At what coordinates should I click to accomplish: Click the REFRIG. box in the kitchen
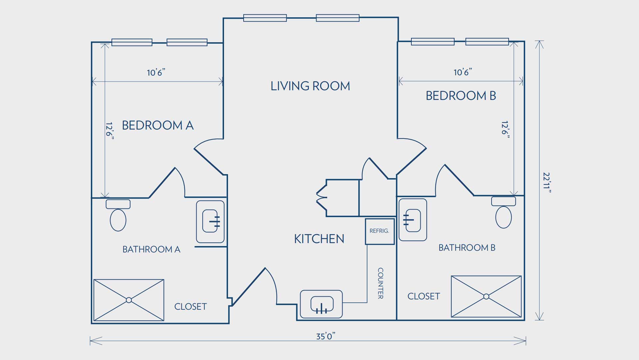[380, 231]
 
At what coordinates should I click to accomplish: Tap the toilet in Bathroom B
[504, 212]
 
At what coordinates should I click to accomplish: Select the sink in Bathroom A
[210, 221]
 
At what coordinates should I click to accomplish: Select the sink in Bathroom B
[413, 220]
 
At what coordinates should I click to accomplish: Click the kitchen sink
[321, 304]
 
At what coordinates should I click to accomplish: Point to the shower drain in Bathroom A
[129, 300]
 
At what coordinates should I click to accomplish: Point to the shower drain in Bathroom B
[486, 296]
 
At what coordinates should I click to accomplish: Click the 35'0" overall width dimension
[325, 336]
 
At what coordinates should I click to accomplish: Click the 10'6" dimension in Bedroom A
[156, 72]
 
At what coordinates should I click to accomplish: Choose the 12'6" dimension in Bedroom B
[506, 130]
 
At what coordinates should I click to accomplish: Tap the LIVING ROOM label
[310, 86]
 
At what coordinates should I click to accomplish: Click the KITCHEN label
[319, 239]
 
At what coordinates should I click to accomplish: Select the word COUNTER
[380, 283]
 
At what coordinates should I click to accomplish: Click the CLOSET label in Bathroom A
[191, 306]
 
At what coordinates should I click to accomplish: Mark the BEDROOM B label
[461, 96]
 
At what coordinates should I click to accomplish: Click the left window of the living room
[265, 18]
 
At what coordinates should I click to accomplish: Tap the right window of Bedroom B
[487, 42]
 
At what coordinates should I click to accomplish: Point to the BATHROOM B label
[467, 248]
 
